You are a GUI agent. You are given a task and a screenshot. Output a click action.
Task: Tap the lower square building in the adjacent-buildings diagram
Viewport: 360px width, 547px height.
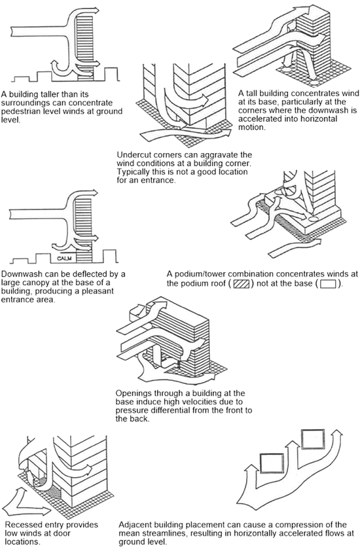(x=269, y=462)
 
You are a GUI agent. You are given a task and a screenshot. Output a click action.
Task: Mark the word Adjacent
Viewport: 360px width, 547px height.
(x=138, y=525)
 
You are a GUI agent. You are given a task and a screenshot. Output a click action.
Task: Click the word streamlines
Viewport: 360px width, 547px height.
(x=163, y=533)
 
